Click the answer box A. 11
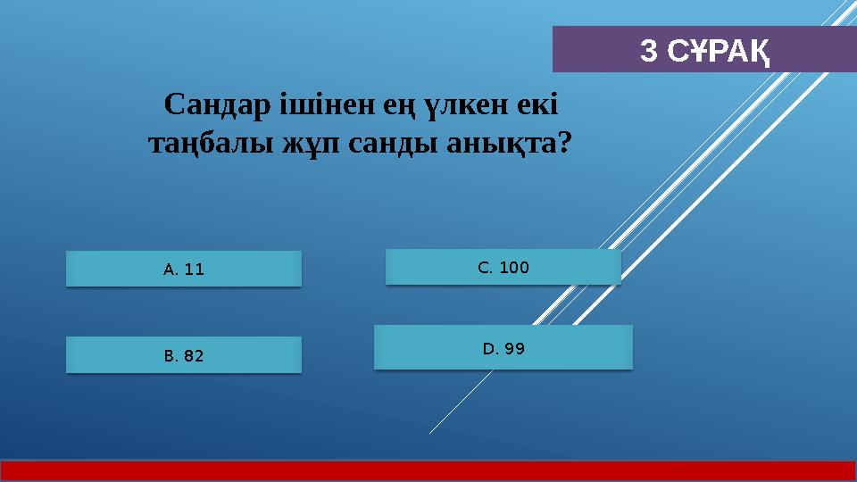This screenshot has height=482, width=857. (x=184, y=269)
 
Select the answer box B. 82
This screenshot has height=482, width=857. (x=184, y=355)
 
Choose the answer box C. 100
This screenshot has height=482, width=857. (x=503, y=267)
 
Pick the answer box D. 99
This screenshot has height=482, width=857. (x=503, y=348)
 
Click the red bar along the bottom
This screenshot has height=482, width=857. (x=428, y=470)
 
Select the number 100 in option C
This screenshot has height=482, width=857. (x=514, y=267)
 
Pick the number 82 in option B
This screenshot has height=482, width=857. (x=193, y=355)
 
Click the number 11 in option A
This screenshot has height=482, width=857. (x=195, y=269)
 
